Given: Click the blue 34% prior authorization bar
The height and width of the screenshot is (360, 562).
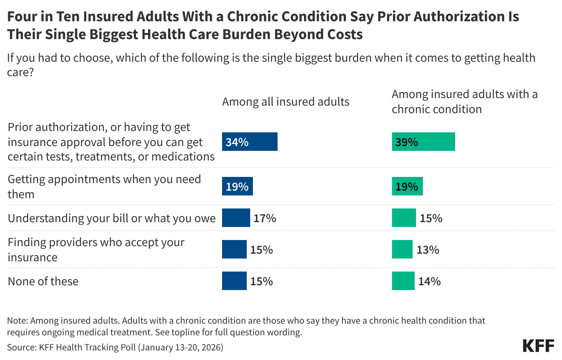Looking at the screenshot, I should pyautogui.click(x=249, y=142).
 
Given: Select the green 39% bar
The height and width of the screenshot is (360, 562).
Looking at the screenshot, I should pyautogui.click(x=423, y=142).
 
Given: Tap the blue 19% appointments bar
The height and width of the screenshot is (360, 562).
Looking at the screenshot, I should pyautogui.click(x=237, y=186).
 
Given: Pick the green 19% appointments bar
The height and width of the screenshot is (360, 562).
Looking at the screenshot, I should pyautogui.click(x=407, y=186).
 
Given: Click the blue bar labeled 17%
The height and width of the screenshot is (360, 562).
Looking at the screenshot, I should pyautogui.click(x=236, y=218).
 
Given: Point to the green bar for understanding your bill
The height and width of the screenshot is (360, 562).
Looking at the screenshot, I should pyautogui.click(x=404, y=218).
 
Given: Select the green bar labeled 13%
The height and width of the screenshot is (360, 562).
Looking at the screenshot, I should pyautogui.click(x=402, y=249).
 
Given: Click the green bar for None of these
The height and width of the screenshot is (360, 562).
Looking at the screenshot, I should pyautogui.click(x=403, y=281).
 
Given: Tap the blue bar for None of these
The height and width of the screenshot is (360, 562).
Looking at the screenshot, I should pyautogui.click(x=234, y=281).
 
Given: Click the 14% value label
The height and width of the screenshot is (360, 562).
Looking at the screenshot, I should pyautogui.click(x=429, y=281).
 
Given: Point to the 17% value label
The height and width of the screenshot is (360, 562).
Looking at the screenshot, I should pyautogui.click(x=265, y=218).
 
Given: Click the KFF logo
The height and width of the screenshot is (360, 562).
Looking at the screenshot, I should pyautogui.click(x=538, y=346).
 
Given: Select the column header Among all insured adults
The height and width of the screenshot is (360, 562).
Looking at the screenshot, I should pyautogui.click(x=285, y=102).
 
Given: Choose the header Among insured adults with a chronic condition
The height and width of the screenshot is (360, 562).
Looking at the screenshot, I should pyautogui.click(x=464, y=101).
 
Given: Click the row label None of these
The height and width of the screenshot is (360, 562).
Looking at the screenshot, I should pyautogui.click(x=43, y=281).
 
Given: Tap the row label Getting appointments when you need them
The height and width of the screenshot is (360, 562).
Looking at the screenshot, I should pyautogui.click(x=104, y=187).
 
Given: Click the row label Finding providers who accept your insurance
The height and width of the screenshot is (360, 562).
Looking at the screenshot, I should pyautogui.click(x=96, y=250).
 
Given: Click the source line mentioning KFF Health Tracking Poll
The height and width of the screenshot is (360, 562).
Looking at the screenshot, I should pyautogui.click(x=115, y=347).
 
